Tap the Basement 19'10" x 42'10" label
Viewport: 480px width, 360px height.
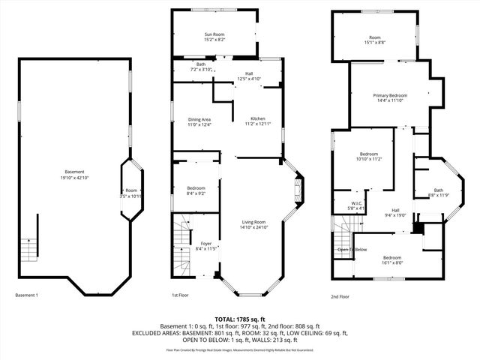click(74, 174)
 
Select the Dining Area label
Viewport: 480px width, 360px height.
click(199, 122)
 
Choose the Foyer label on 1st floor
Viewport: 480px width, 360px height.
click(205, 245)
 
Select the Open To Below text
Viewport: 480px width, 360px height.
click(352, 249)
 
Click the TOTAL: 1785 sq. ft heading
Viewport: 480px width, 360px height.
click(240, 319)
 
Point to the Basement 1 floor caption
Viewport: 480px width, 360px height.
click(26, 295)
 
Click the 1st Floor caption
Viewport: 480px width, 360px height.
click(180, 295)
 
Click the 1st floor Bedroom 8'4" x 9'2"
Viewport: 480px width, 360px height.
click(196, 190)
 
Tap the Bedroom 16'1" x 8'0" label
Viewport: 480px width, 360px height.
click(393, 260)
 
